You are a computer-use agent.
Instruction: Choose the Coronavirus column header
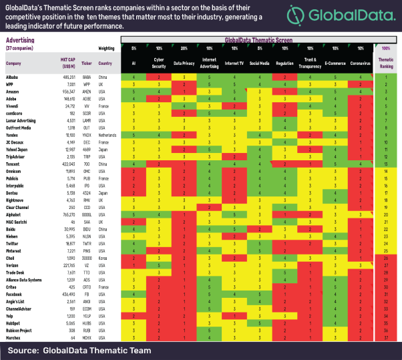361,64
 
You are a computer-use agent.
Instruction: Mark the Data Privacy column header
184,64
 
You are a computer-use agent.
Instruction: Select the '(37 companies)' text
17,47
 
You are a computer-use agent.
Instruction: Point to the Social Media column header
259,64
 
